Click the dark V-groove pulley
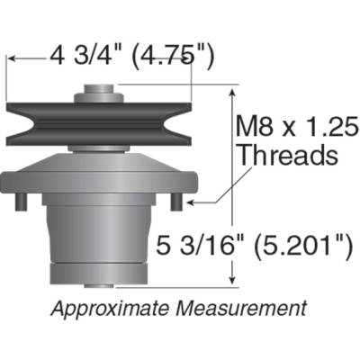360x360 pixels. (99, 122)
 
